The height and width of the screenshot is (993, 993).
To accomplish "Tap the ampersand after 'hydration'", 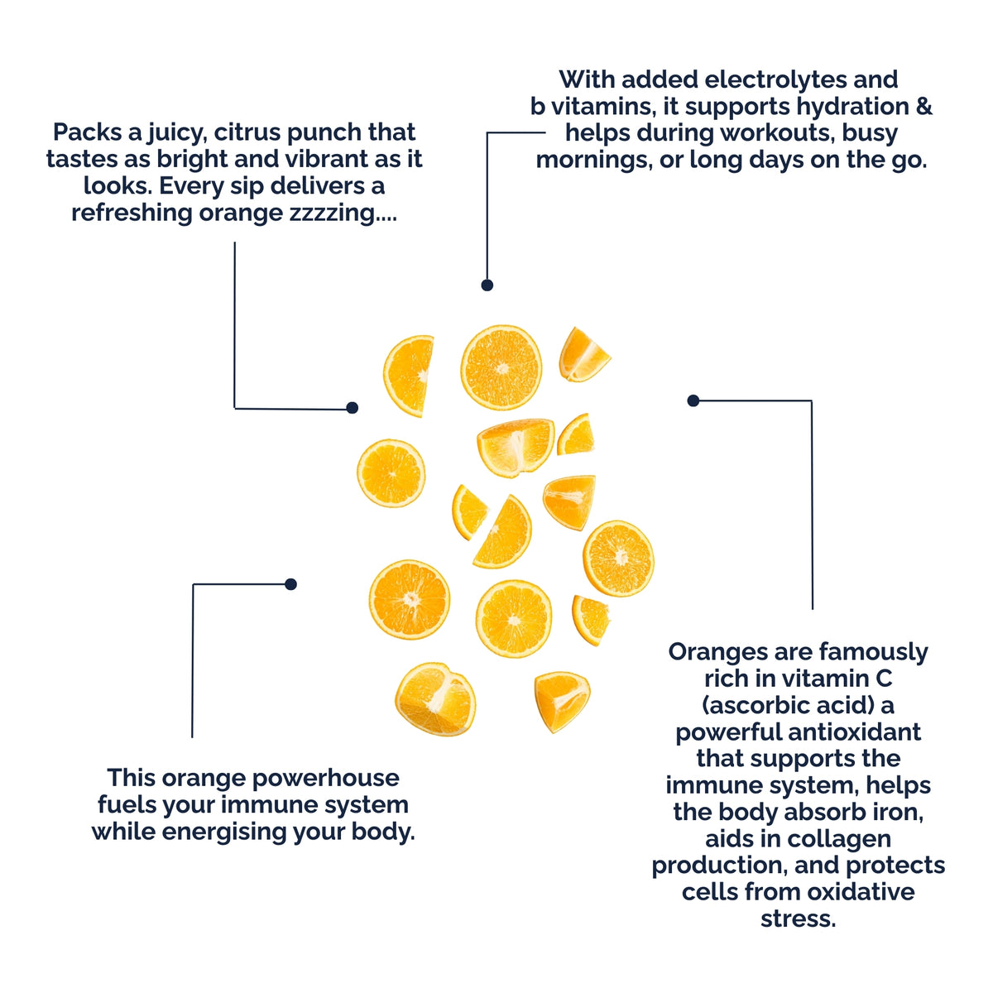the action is tap(925, 107).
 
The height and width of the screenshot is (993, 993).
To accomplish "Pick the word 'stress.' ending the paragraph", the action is tap(799, 919).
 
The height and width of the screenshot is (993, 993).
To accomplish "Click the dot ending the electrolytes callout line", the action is tap(487, 285).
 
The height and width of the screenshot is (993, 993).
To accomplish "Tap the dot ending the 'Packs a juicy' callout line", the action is tap(352, 408).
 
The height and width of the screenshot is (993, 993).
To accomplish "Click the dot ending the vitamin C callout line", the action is tap(693, 401).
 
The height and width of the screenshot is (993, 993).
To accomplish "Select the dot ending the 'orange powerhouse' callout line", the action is tap(290, 584).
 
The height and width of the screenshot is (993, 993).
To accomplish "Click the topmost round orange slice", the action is tap(501, 367).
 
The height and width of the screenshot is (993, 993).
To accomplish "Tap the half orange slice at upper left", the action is tap(408, 376).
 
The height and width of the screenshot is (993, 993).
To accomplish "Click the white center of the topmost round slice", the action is tap(501, 368).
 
